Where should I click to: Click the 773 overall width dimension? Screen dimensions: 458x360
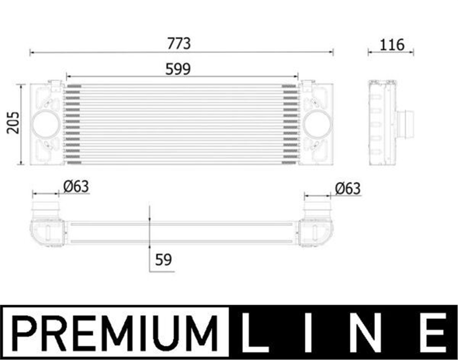(x=179, y=43)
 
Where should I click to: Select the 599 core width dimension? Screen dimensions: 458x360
(x=178, y=69)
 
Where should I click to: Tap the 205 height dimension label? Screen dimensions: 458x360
(x=13, y=123)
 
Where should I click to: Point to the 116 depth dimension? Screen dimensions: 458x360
(x=392, y=45)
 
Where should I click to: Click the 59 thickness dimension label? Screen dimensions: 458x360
(x=163, y=260)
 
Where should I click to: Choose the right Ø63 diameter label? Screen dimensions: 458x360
(x=348, y=188)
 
